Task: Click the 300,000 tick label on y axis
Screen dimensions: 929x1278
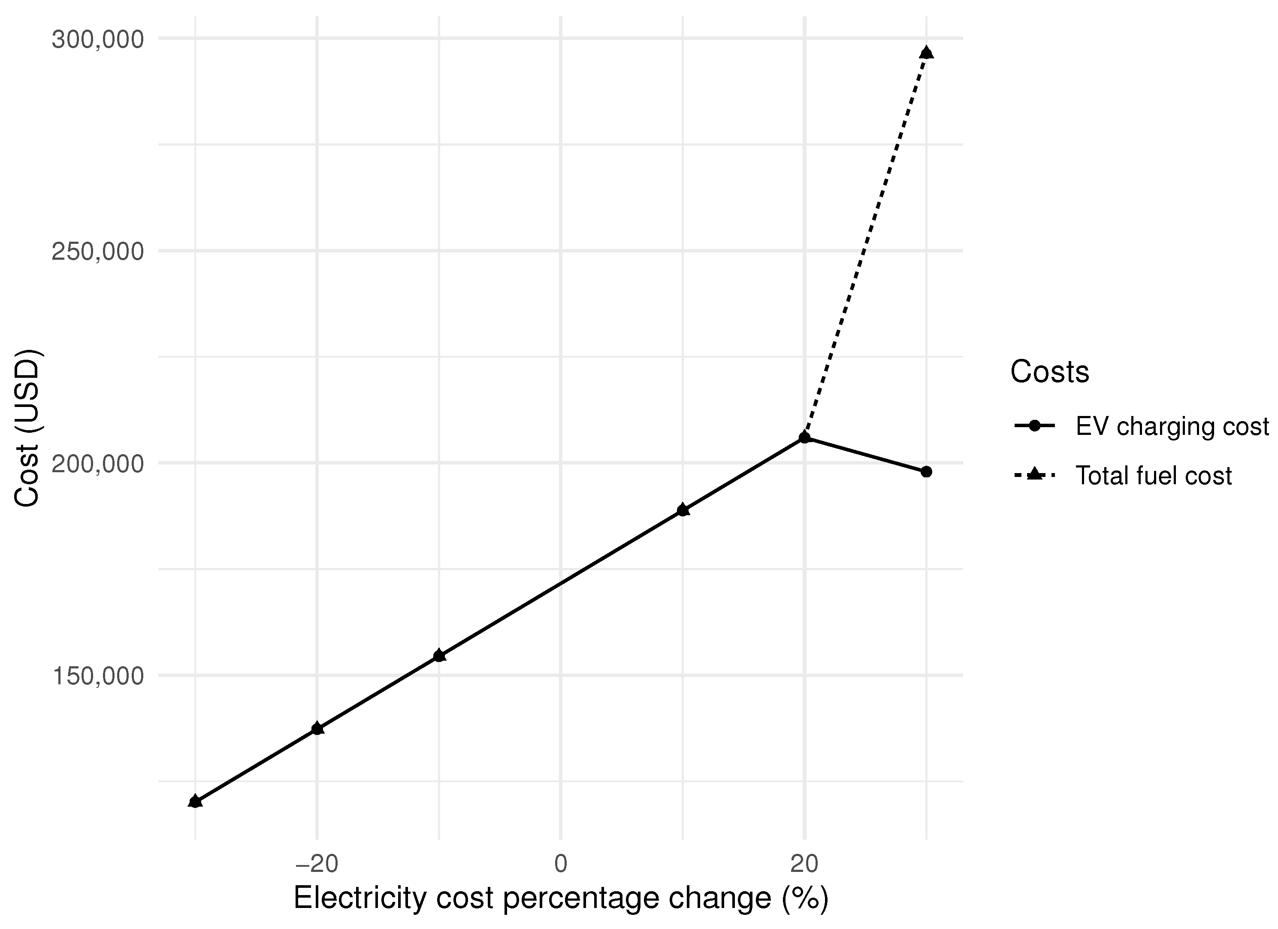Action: click(x=97, y=40)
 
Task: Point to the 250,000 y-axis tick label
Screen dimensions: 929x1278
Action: click(x=97, y=252)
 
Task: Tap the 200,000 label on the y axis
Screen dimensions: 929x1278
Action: click(x=97, y=464)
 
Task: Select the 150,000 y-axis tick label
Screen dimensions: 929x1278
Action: click(x=97, y=677)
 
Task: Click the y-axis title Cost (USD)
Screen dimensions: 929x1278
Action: click(x=27, y=428)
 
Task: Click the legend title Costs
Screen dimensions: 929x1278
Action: click(x=1049, y=372)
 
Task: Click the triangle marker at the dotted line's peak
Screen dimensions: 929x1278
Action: click(x=926, y=53)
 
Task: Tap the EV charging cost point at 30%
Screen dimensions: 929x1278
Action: click(x=926, y=472)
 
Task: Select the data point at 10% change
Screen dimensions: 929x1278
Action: click(x=683, y=510)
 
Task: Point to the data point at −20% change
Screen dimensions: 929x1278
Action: click(x=317, y=729)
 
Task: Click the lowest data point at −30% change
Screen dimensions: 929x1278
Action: click(x=196, y=801)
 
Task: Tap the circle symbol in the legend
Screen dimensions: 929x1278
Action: click(x=1034, y=426)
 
